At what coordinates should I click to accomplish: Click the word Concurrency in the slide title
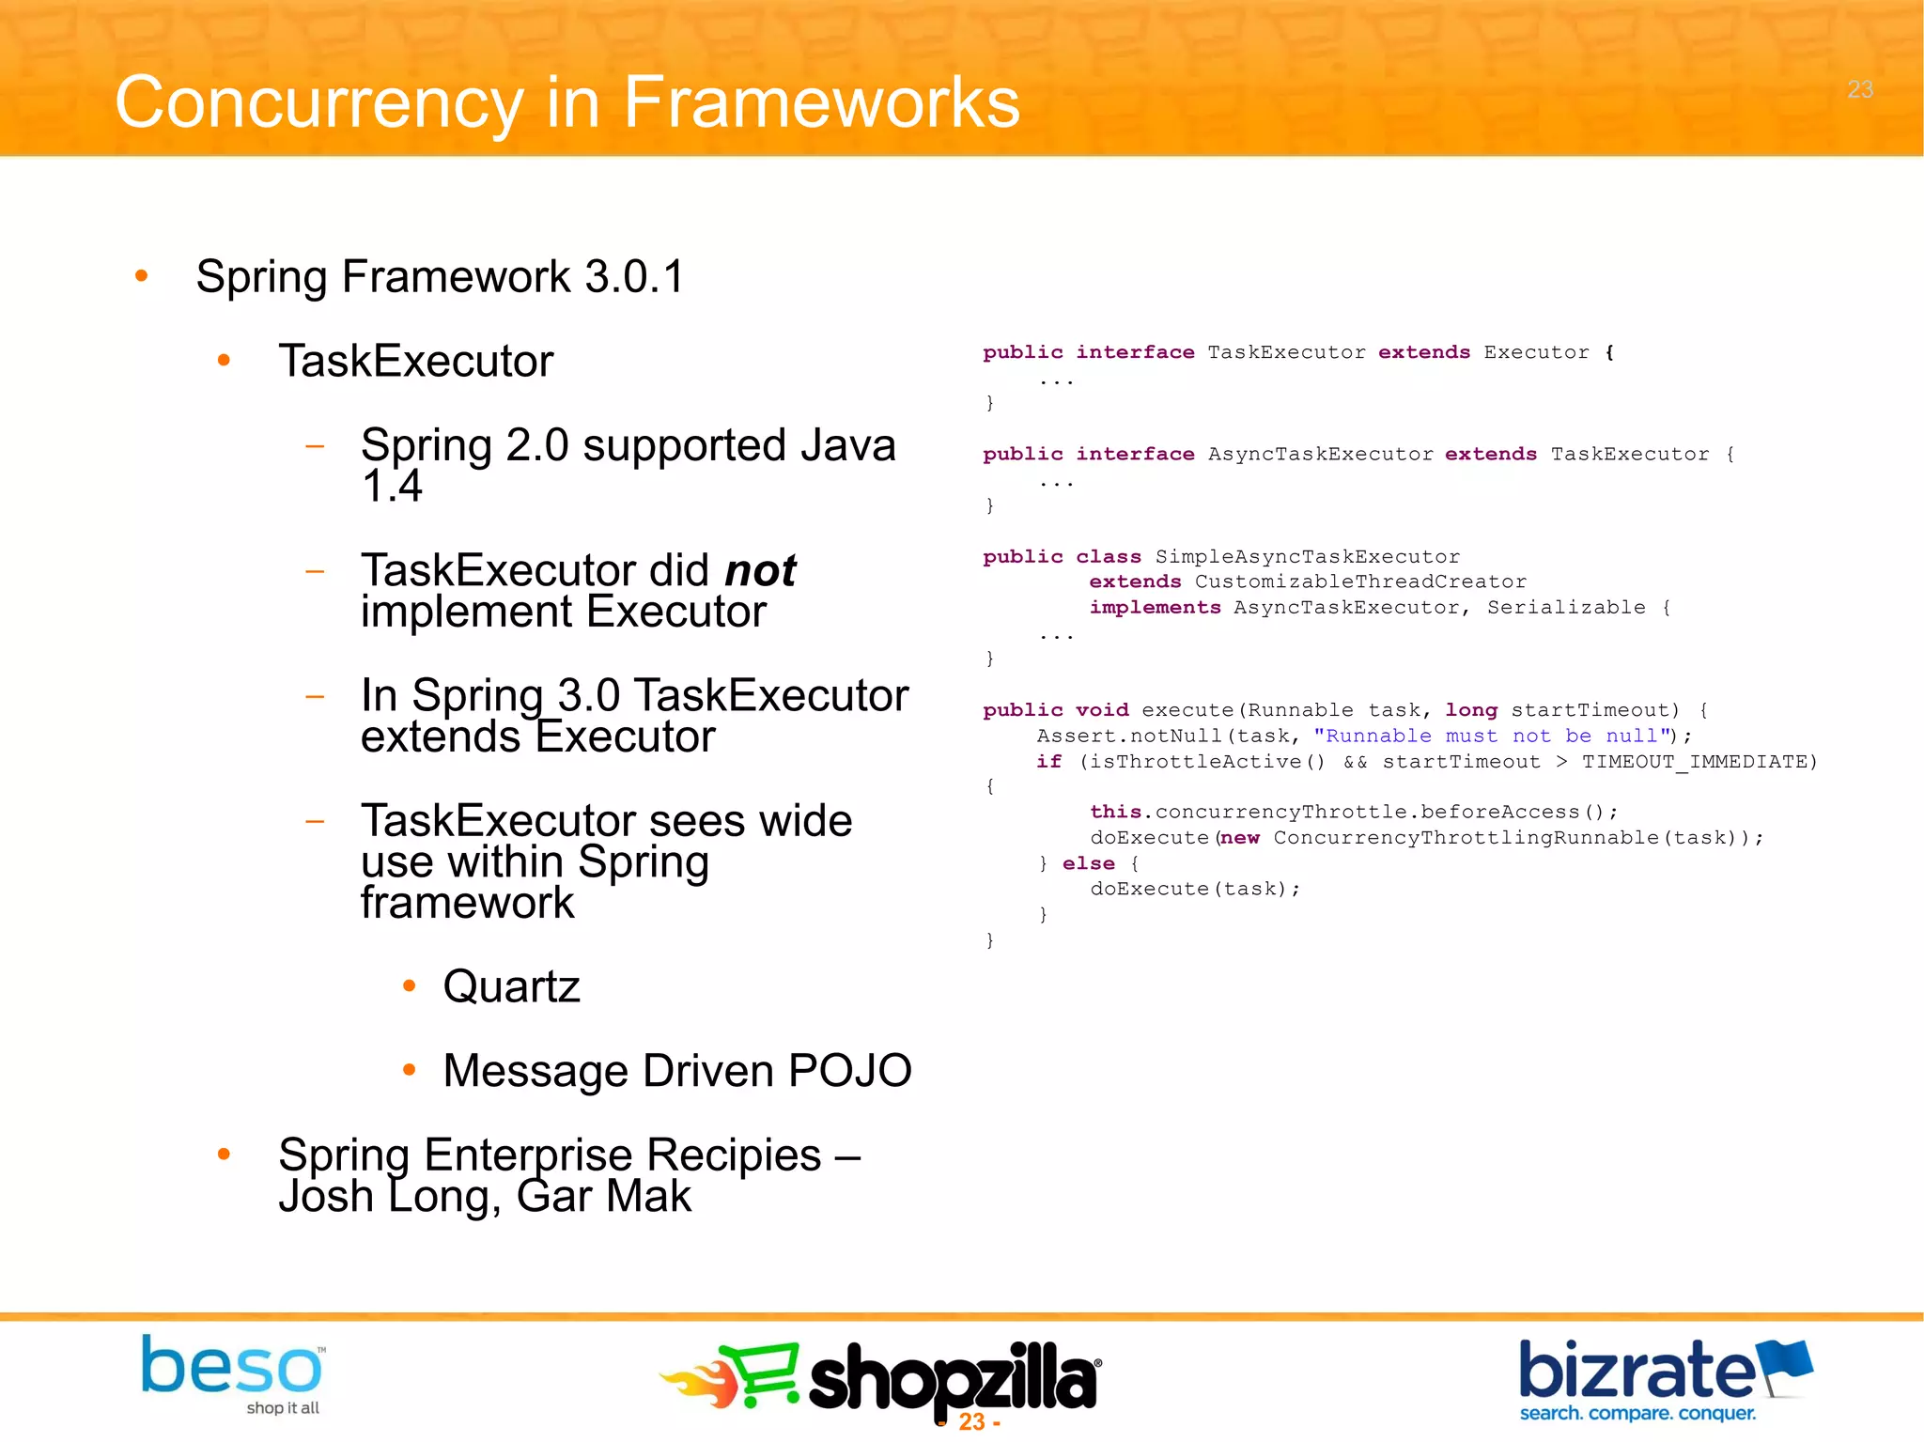pos(318,103)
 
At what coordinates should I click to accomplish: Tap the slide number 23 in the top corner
pos(1859,89)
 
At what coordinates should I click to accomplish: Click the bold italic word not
pos(760,571)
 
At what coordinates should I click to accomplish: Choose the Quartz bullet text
pos(511,986)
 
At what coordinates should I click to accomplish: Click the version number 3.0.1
pos(635,277)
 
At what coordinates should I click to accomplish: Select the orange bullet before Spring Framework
pos(142,276)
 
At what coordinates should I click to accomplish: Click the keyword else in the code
pos(1088,863)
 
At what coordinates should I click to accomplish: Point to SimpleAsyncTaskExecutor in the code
pos(1307,557)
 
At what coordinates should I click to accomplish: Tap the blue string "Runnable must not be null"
pos(1495,737)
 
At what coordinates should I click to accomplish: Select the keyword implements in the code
pos(1155,608)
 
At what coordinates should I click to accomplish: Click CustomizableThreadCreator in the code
pos(1360,582)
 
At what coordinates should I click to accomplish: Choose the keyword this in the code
pos(1115,812)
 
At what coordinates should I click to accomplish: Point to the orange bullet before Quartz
pos(409,986)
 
